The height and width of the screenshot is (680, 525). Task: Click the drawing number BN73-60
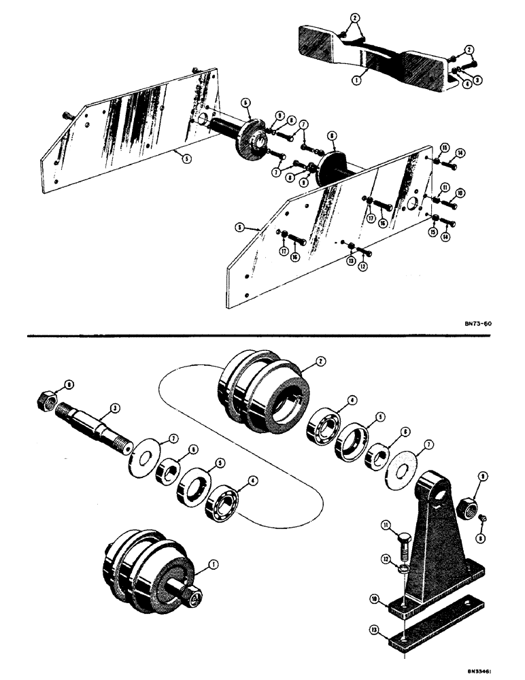coord(472,324)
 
